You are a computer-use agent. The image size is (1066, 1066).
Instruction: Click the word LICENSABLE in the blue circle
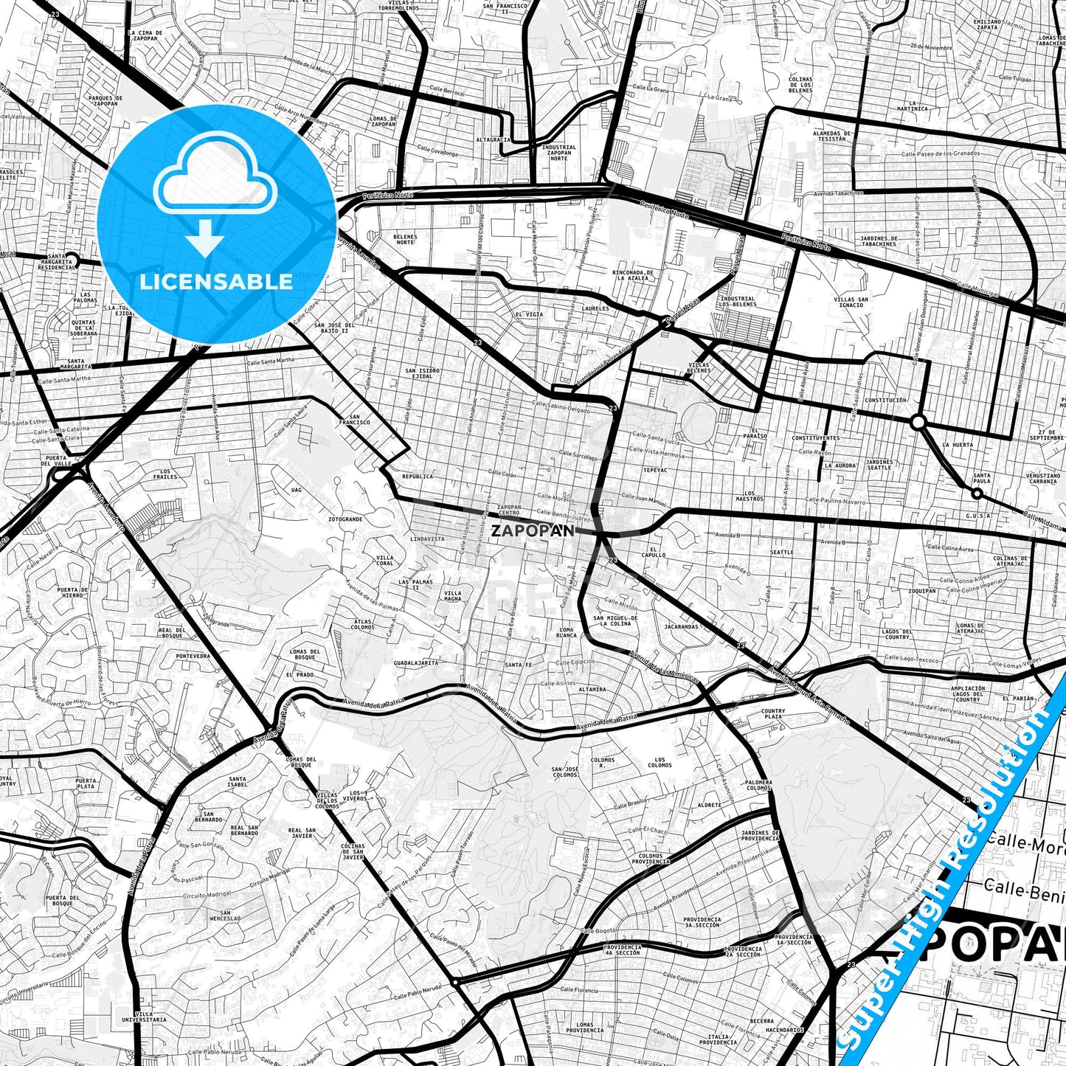(216, 281)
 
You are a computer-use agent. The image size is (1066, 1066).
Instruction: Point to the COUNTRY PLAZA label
(773, 714)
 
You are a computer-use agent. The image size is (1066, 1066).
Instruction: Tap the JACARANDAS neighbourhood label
(681, 627)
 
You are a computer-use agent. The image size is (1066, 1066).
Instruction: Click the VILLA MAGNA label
(453, 595)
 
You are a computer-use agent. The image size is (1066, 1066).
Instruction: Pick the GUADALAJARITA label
(416, 662)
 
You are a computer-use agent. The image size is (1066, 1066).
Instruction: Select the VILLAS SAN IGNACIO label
(851, 302)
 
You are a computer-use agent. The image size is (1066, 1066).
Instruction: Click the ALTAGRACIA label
(493, 139)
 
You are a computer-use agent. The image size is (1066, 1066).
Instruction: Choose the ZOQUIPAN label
(922, 591)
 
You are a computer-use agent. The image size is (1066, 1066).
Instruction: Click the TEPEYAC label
(654, 469)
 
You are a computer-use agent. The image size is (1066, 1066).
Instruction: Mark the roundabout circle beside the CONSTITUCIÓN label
(918, 422)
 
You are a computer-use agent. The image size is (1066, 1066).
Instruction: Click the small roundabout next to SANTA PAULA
(977, 493)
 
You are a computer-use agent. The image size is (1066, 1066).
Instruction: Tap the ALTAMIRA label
(592, 690)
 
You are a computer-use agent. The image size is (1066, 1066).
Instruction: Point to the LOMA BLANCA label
(567, 632)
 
